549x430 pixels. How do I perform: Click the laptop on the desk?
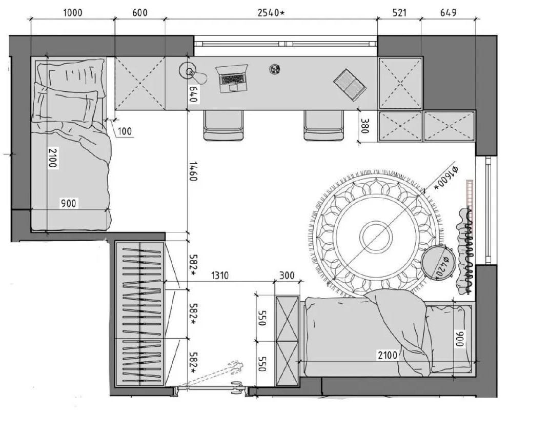coord(231,79)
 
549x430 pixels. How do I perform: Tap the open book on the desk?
coord(350,85)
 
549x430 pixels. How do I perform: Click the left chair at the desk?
coord(223,126)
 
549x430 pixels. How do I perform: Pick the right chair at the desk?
coord(323,126)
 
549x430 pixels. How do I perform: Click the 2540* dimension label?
coord(271,13)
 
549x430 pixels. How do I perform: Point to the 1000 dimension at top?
coord(73,13)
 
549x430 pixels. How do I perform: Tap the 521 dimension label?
coord(399,13)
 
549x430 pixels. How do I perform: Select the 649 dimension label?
coord(448,13)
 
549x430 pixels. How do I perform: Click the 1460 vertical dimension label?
coord(193,171)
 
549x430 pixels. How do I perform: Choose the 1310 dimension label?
coord(219,276)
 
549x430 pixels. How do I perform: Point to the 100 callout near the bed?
coord(125,131)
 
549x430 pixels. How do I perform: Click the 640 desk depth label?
coord(193,94)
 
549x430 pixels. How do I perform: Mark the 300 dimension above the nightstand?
coord(287,276)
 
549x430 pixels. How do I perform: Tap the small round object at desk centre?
coord(275,69)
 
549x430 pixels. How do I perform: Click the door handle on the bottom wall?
coord(236,388)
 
